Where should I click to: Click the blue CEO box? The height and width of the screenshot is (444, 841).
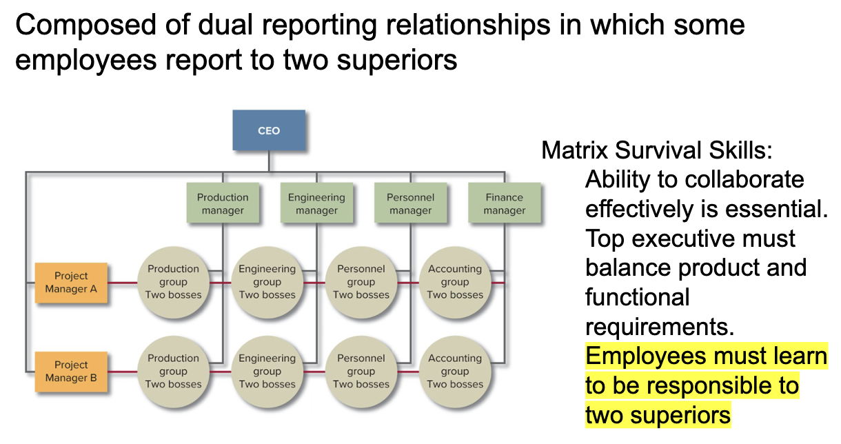(269, 130)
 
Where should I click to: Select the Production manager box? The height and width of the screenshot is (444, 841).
(223, 203)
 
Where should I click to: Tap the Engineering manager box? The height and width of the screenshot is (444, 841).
(316, 203)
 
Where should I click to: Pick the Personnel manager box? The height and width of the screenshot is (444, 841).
(410, 203)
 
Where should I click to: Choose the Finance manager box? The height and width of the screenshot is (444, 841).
(504, 203)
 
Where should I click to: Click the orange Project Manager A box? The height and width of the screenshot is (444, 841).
(72, 283)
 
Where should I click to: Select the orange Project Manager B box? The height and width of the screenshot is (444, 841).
(72, 372)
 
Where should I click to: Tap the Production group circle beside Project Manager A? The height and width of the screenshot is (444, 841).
(173, 282)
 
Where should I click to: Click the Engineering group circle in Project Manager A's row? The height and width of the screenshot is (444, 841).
(267, 282)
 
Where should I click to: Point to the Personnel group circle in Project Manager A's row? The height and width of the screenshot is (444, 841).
(361, 282)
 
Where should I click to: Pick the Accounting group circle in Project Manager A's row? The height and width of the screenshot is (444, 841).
(454, 282)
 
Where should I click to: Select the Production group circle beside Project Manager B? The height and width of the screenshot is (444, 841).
(173, 371)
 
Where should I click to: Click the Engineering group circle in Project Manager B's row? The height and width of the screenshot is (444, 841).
(267, 371)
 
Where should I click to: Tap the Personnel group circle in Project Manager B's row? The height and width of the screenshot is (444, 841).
(361, 371)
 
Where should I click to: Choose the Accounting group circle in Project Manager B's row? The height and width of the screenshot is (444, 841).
(454, 371)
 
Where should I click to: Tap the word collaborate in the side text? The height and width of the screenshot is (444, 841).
(744, 180)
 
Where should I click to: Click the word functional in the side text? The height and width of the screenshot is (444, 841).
(637, 297)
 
